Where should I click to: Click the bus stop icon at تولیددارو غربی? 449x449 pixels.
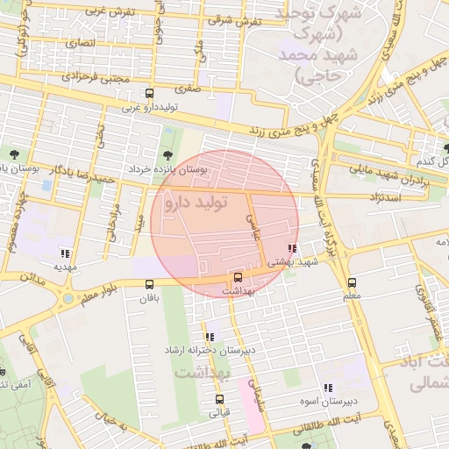(149, 93)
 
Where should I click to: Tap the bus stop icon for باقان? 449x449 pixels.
(148, 283)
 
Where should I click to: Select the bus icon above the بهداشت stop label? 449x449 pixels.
(238, 278)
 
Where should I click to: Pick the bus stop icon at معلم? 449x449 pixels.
(352, 282)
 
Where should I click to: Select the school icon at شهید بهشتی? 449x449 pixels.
(292, 248)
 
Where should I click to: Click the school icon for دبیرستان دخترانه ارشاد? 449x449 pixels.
(210, 337)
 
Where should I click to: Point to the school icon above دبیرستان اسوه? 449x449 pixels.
(328, 388)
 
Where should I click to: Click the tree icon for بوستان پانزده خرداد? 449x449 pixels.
(167, 156)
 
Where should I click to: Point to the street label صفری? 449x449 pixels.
(188, 89)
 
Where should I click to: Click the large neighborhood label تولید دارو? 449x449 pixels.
(194, 203)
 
